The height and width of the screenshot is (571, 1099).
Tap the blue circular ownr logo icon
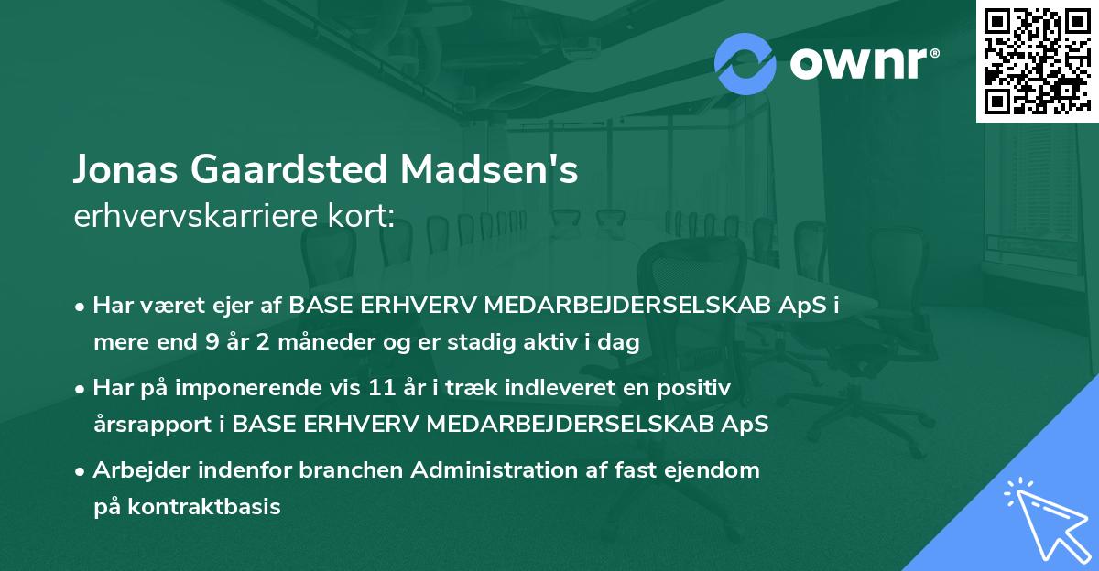745,64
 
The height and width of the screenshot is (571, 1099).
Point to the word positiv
697,388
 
